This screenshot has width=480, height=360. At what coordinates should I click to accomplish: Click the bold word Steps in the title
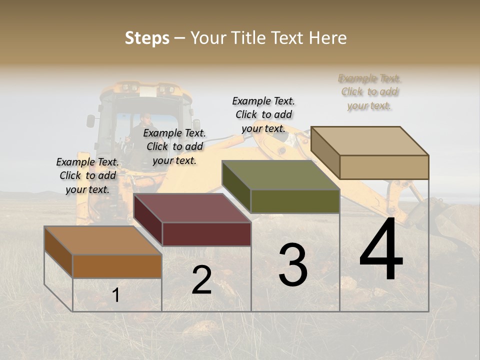tap(147, 38)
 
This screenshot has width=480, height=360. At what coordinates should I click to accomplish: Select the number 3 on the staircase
tap(293, 264)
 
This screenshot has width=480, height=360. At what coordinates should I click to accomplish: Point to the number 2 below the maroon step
tap(201, 280)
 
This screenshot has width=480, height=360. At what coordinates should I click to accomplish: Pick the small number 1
tap(115, 295)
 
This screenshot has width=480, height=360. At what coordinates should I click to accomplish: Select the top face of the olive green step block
tap(280, 175)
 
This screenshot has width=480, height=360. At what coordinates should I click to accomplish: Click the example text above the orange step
tap(87, 175)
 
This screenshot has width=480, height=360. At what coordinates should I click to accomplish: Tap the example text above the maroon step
tap(174, 146)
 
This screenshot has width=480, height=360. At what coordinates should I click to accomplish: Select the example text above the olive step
tap(263, 114)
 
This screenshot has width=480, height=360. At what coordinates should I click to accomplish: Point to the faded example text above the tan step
tap(369, 91)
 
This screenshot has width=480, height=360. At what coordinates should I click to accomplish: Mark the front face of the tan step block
tap(384, 167)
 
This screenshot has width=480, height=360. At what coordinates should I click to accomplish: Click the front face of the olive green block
tap(295, 201)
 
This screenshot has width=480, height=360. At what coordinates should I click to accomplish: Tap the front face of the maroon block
tap(206, 234)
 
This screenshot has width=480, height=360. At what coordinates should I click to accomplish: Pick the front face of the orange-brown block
tap(117, 266)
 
